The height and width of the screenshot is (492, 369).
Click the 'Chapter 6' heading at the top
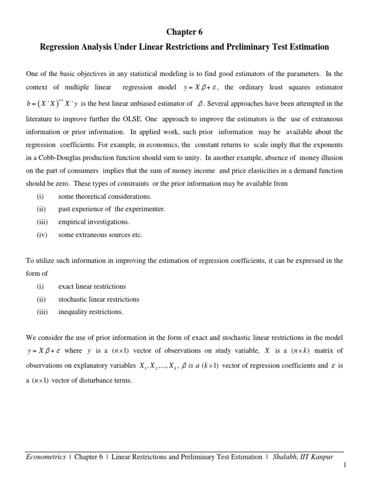pyautogui.click(x=184, y=32)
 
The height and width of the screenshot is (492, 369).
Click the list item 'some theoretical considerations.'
pyautogui.click(x=104, y=196)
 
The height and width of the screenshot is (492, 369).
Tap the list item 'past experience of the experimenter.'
pyautogui.click(x=111, y=209)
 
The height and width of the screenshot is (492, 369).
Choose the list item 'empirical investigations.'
pyautogui.click(x=94, y=222)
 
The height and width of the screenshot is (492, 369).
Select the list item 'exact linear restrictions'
pyautogui.click(x=92, y=286)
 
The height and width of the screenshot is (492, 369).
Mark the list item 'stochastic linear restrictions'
pyautogui.click(x=98, y=299)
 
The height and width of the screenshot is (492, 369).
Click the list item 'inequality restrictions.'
pyautogui.click(x=90, y=312)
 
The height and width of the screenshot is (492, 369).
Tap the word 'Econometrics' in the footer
pyautogui.click(x=46, y=457)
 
